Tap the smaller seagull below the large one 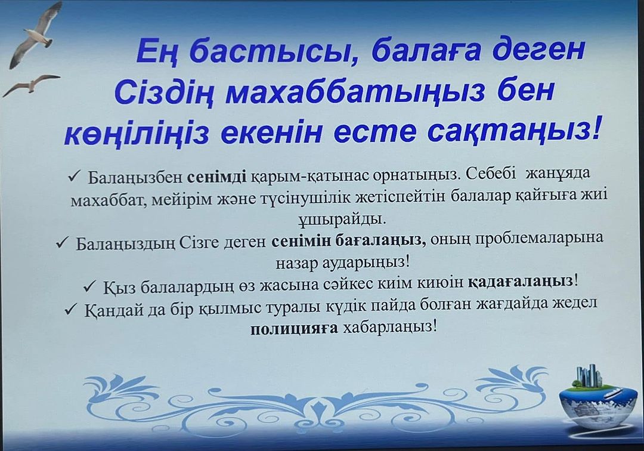[31, 85]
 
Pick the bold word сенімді [217, 176]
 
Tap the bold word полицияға [294, 329]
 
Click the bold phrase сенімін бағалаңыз [348, 240]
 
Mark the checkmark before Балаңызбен [75, 176]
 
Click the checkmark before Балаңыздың [63, 243]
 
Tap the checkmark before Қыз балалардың [89, 286]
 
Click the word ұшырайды [342, 220]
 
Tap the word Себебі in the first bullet [491, 174]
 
